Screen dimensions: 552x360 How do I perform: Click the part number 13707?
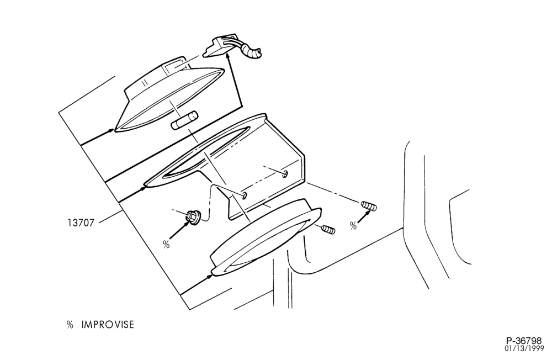[81, 223]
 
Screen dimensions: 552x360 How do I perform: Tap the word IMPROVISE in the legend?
[108, 325]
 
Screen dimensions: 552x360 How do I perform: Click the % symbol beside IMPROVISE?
[70, 325]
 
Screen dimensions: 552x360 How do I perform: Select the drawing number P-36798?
[524, 341]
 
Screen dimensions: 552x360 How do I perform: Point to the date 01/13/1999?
[524, 348]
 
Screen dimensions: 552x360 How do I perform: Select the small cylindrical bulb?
[184, 120]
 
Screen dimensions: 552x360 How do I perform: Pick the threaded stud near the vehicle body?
[369, 206]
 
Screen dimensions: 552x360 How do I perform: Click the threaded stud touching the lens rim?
[328, 230]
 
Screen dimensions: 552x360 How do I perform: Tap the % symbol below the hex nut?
[166, 243]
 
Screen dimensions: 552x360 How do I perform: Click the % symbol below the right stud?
[353, 226]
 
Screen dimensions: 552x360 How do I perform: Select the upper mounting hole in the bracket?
[285, 173]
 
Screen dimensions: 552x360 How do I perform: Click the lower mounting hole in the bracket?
[243, 195]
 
